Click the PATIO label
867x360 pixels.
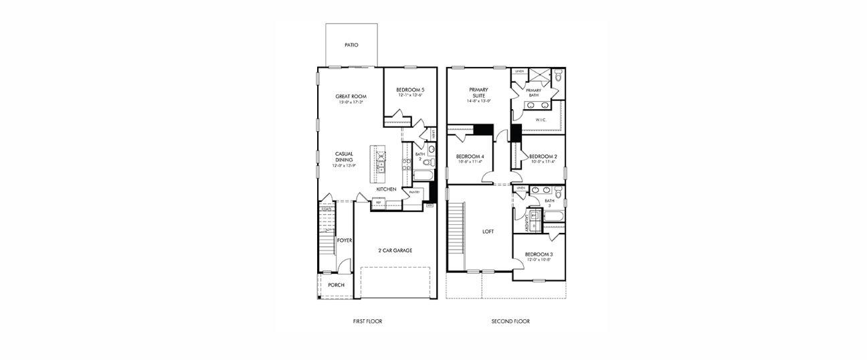(351, 46)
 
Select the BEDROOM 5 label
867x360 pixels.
(410, 90)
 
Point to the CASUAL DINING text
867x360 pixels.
(344, 157)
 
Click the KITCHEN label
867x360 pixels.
(386, 189)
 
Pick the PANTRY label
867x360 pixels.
(414, 192)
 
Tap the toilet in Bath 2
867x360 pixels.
(430, 162)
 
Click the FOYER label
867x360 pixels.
(344, 240)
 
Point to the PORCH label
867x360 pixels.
(336, 285)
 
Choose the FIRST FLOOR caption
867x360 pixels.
(367, 321)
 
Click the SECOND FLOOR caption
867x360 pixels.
(510, 321)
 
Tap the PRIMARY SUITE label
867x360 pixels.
(478, 93)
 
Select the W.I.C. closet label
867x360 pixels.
(541, 120)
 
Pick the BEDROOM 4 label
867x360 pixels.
(470, 159)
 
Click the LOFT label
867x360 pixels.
(488, 232)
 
